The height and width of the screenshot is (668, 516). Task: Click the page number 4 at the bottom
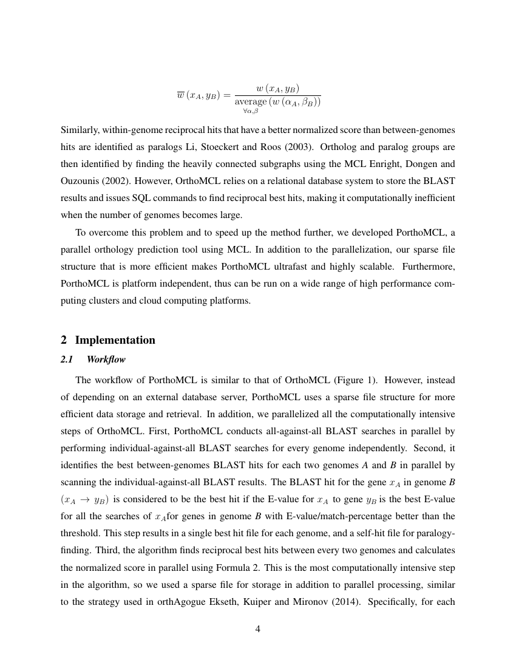tap(258, 629)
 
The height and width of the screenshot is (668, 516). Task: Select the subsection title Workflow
tap(106, 360)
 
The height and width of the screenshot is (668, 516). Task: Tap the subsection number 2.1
tap(67, 360)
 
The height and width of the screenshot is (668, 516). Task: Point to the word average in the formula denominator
tap(255, 101)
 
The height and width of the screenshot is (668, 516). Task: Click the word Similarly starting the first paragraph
tap(81, 131)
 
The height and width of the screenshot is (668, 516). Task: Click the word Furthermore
tap(429, 267)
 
